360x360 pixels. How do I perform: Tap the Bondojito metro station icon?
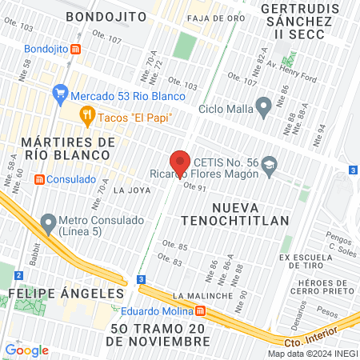pos(76,49)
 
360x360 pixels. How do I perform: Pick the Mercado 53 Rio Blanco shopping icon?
pos(60,93)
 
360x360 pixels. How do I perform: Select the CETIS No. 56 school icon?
pos(269,162)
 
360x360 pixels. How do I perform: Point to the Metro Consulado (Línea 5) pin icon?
pos(49,221)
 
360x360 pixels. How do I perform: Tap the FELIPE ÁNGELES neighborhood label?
pos(62,294)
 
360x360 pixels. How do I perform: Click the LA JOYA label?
pos(131,190)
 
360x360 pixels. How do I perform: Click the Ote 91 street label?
pos(195,187)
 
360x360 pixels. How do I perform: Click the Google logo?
pos(26,350)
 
